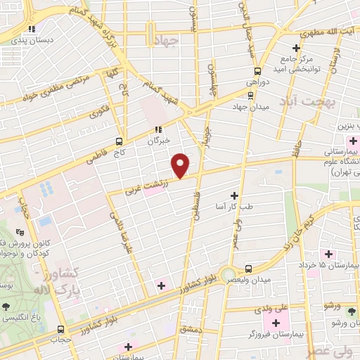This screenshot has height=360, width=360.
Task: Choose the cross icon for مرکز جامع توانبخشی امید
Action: click(296, 48)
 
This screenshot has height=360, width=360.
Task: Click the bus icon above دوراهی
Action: click(257, 70)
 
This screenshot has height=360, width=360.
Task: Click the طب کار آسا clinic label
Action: click(235, 205)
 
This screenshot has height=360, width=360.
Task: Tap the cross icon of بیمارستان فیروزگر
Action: click(271, 322)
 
